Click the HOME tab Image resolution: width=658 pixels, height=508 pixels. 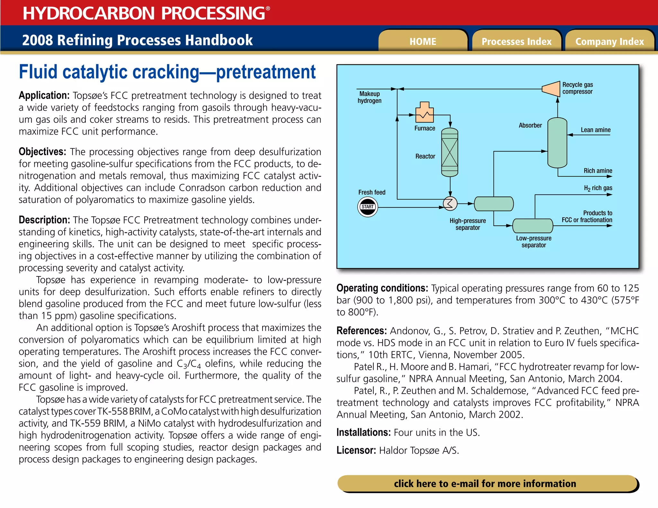point(422,41)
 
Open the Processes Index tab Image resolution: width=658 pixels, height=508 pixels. point(516,41)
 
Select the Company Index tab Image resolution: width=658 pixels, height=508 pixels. point(609,41)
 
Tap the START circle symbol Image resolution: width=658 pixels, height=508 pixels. point(368,207)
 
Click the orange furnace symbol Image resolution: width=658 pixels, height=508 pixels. point(424,113)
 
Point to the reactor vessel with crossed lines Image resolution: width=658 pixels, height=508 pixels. point(450,153)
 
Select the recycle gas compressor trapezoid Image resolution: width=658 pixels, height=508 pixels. point(551,89)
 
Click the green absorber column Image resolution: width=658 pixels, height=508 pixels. point(557,143)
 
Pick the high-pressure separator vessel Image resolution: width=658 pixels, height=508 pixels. point(494,204)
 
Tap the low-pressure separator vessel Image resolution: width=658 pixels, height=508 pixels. point(533,226)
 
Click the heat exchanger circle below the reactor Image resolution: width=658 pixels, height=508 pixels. point(450,203)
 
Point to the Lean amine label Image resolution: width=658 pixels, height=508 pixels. point(595,130)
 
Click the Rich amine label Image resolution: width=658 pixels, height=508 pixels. point(598,171)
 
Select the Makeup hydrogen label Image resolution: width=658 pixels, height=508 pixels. point(369,97)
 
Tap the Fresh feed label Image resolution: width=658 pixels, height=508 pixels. point(372,192)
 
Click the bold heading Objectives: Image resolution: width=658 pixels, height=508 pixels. point(42,152)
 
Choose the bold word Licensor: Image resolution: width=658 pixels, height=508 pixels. point(356,450)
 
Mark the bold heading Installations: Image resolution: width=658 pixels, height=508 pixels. point(363,432)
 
